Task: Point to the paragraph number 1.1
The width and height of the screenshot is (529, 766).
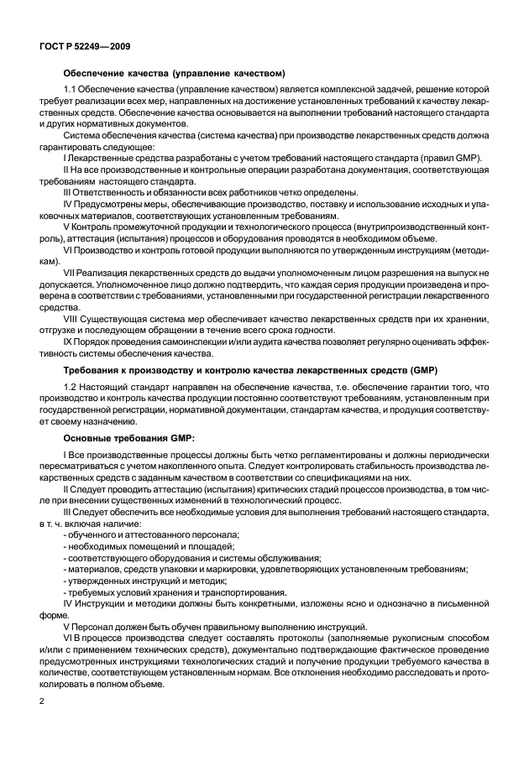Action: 71,89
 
